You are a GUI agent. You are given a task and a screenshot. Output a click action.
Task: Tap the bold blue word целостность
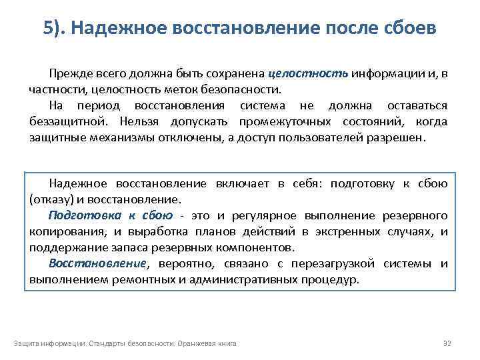click(308, 73)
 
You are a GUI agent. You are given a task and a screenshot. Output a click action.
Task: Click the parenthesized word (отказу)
click(51, 199)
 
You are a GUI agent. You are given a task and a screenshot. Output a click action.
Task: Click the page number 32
click(447, 343)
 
